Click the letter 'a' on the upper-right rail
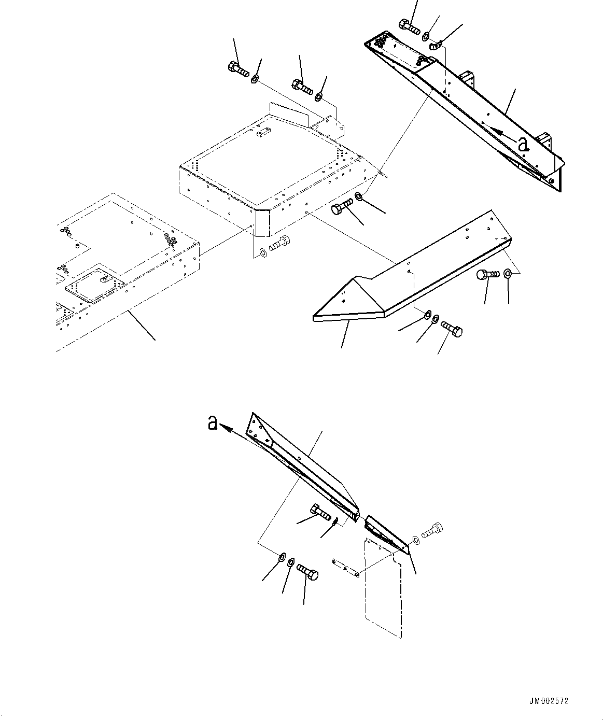click(x=523, y=144)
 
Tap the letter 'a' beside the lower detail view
click(x=212, y=423)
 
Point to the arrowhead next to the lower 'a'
click(x=225, y=426)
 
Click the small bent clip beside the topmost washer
click(x=434, y=46)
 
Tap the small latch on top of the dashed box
click(x=262, y=133)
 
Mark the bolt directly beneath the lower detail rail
click(x=320, y=513)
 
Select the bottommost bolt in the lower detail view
click(x=308, y=573)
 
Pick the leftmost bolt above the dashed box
click(x=238, y=69)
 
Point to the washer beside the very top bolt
click(x=426, y=36)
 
